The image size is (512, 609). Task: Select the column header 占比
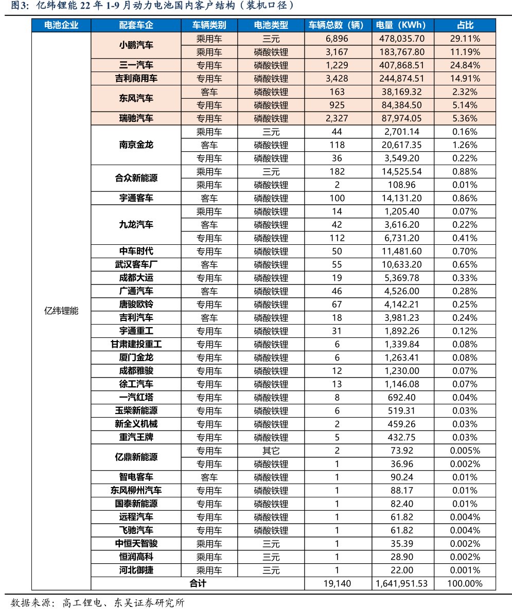(465, 25)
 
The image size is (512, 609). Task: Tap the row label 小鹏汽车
(136, 45)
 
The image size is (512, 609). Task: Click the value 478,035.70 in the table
(401, 39)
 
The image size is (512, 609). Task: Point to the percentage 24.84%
(465, 65)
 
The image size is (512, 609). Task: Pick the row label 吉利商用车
(136, 79)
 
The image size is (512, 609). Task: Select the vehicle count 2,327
(337, 118)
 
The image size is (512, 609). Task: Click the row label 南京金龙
(136, 145)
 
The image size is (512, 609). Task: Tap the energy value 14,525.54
(401, 172)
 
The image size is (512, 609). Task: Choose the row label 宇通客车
(136, 198)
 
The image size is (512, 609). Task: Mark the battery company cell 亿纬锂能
(61, 311)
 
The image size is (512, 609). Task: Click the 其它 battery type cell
(271, 451)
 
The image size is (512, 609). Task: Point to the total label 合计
(198, 583)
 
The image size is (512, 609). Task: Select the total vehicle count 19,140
(337, 583)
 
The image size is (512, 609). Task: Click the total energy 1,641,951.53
(401, 583)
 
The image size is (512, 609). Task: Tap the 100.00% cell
(465, 583)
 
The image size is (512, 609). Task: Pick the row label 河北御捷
(136, 570)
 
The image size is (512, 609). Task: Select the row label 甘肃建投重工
(136, 344)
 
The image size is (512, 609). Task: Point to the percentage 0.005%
(465, 451)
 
